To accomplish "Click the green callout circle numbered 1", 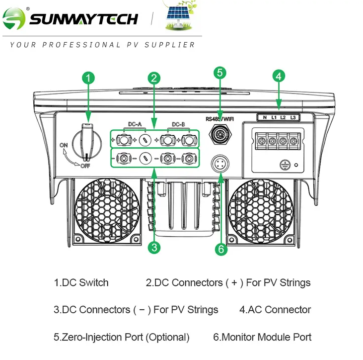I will coord(88,78).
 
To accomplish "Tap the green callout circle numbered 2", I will coord(154,78).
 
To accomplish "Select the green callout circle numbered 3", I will coord(155,247).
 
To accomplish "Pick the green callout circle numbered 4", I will coord(279,76).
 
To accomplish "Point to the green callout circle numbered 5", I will coord(220,73).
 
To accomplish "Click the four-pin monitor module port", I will coord(220,164).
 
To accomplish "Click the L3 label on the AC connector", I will coord(293,117).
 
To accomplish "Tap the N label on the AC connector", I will coord(265,117).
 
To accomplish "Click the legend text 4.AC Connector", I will coord(275,310).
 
